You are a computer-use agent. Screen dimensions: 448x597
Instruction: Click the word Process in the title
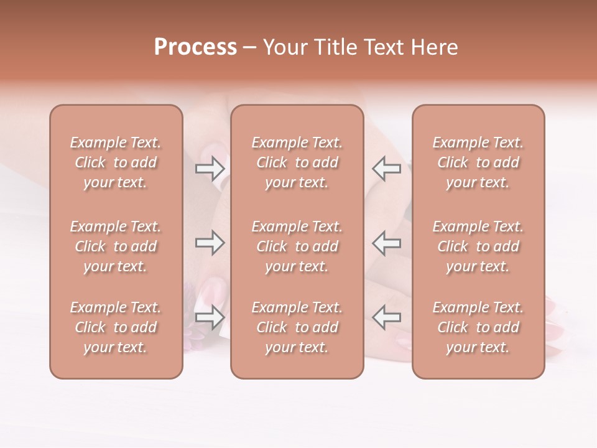point(195,47)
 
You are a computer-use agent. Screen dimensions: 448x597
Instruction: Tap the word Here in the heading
point(435,47)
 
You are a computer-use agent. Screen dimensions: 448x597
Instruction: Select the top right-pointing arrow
point(210,168)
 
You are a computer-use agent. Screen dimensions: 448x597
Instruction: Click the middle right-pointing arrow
point(210,243)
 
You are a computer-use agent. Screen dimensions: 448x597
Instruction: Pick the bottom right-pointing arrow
point(210,317)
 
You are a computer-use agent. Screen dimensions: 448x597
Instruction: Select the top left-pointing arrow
point(387,168)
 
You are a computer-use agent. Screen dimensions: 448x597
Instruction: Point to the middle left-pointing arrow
point(387,243)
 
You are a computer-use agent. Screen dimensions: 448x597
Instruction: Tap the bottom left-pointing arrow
point(387,317)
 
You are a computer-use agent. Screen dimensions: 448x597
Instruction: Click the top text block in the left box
point(116,162)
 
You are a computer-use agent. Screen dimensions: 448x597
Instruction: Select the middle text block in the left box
point(116,246)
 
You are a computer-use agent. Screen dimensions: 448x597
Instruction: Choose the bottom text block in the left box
point(116,327)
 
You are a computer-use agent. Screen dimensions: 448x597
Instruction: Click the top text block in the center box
point(297,162)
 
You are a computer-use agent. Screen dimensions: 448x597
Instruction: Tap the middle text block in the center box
point(297,246)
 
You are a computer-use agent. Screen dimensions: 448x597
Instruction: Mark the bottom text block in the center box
point(297,327)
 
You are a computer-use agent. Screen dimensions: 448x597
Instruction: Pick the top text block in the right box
point(478,162)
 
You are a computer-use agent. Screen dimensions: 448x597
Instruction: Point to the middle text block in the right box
point(478,246)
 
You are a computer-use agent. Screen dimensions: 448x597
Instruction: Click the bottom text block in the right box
point(478,327)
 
